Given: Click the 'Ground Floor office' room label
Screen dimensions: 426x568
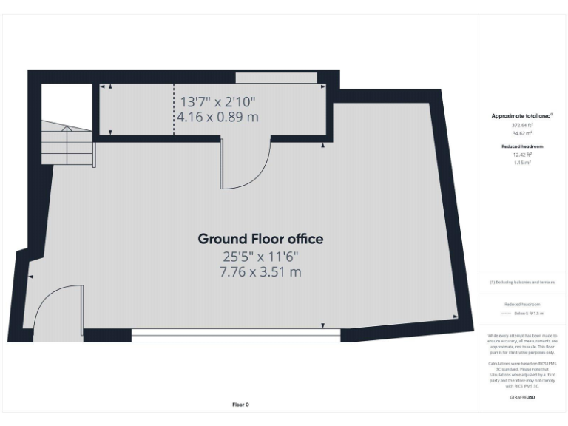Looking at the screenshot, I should tap(260, 239).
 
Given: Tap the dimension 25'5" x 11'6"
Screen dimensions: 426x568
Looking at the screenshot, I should tap(260, 257).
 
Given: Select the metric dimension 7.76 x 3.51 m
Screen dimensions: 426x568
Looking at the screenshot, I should tap(260, 272).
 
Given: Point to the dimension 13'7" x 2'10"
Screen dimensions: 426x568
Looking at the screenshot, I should tap(218, 102).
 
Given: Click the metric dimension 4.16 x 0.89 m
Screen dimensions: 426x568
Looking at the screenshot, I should tap(218, 117).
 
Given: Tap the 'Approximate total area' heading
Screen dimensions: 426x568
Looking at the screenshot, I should tap(522, 116).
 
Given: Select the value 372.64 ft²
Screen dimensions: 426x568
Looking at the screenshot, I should tap(522, 126).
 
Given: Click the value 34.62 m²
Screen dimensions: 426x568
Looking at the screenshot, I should tap(522, 133).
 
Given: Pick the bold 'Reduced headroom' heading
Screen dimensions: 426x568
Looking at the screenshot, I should tap(522, 146).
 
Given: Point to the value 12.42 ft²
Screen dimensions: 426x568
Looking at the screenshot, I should tap(522, 155).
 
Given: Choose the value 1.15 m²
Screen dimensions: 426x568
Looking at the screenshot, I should tap(522, 162).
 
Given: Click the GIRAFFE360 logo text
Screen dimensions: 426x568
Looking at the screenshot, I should tap(522, 397).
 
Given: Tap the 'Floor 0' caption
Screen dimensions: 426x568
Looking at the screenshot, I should tap(241, 405).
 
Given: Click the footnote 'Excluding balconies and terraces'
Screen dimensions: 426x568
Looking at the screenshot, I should tap(522, 282).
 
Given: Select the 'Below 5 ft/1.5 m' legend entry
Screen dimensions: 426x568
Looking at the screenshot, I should tap(527, 314).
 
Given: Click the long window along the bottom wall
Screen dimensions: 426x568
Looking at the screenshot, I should tap(235, 336).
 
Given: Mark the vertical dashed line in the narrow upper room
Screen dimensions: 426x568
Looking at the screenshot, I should tap(175, 111).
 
